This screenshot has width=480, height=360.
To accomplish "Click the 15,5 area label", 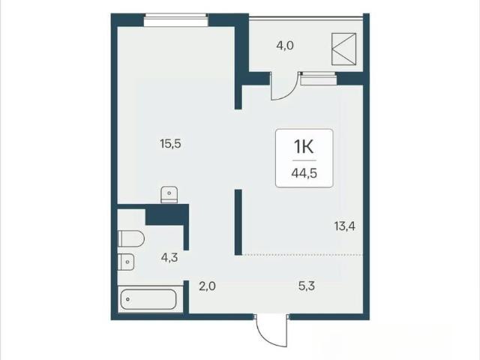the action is tap(170, 143).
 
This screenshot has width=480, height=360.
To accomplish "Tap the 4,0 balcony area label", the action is tap(285, 46).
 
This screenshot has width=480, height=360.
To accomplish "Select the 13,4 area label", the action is tap(345, 226).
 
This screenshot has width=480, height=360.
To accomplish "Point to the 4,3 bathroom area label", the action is tap(169, 258).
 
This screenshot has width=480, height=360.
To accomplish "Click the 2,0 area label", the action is tap(207, 286).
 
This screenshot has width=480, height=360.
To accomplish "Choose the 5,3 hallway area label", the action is tap(307, 286).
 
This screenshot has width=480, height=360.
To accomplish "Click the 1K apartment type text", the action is tap(304, 147).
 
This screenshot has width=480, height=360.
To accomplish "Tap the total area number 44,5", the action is tap(304, 173).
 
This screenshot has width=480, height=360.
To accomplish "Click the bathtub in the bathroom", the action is tap(148, 299).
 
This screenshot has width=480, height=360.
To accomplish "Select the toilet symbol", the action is tap(131, 238).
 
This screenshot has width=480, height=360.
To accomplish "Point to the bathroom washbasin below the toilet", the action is tap(126, 262).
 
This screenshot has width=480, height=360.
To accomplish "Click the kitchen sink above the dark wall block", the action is tap(169, 194).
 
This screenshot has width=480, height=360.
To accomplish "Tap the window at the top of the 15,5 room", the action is tap(176, 20).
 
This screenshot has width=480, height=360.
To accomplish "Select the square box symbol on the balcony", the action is tap(344, 49).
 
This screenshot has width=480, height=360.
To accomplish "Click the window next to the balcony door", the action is tap(318, 79).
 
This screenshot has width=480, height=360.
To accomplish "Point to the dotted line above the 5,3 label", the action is tap(303, 255).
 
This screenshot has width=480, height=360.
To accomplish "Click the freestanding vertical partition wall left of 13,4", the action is tap(238, 222).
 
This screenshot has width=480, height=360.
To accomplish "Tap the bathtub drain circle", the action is tap(127, 299).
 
